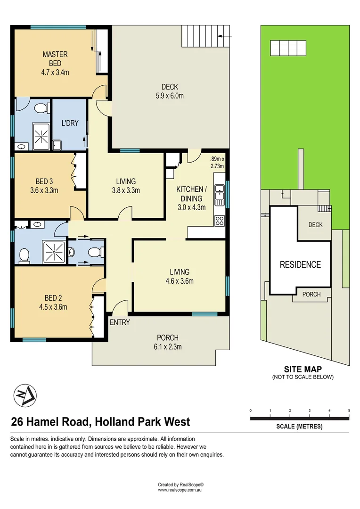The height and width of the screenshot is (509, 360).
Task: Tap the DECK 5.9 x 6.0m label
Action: pos(169,91)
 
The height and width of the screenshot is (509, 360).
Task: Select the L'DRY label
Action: pos(70,123)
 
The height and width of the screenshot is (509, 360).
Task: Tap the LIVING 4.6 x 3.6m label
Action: pos(180,277)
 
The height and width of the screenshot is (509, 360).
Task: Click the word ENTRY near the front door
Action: pos(120,322)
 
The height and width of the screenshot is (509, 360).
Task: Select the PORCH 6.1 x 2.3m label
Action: pos(167,342)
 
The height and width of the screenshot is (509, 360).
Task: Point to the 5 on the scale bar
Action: pos(349,410)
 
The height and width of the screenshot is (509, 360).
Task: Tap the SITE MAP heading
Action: pos(303,369)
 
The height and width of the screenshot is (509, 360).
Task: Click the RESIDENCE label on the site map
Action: pos(300,264)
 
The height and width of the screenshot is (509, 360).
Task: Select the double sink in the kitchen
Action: pos(219,194)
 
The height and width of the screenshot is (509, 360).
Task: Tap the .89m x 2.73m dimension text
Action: pos(217,162)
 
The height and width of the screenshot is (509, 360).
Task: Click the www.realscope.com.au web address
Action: pos(180,490)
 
